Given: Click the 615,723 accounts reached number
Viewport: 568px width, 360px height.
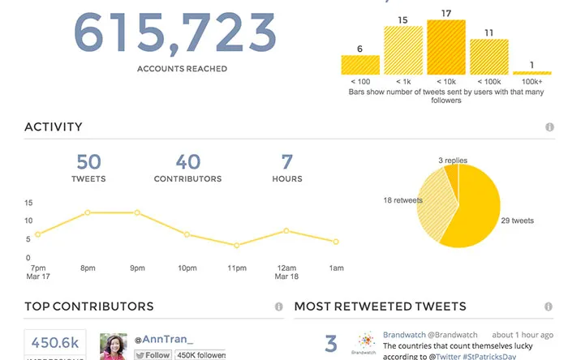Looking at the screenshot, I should [x=174, y=33].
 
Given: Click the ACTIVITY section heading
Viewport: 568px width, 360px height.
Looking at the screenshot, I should [x=54, y=126].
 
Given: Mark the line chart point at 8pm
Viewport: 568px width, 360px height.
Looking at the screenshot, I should [x=87, y=212].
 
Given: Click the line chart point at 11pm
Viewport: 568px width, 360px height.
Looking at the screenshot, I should [x=236, y=245].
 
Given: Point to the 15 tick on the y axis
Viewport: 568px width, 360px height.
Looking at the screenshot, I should [x=28, y=203].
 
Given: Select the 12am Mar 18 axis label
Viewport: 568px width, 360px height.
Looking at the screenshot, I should [x=285, y=272].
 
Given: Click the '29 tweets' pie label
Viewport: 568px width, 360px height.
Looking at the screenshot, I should [x=518, y=221].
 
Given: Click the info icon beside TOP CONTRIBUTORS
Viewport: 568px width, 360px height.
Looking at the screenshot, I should [x=278, y=306].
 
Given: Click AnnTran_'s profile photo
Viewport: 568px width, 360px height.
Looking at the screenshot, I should [x=113, y=346].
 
